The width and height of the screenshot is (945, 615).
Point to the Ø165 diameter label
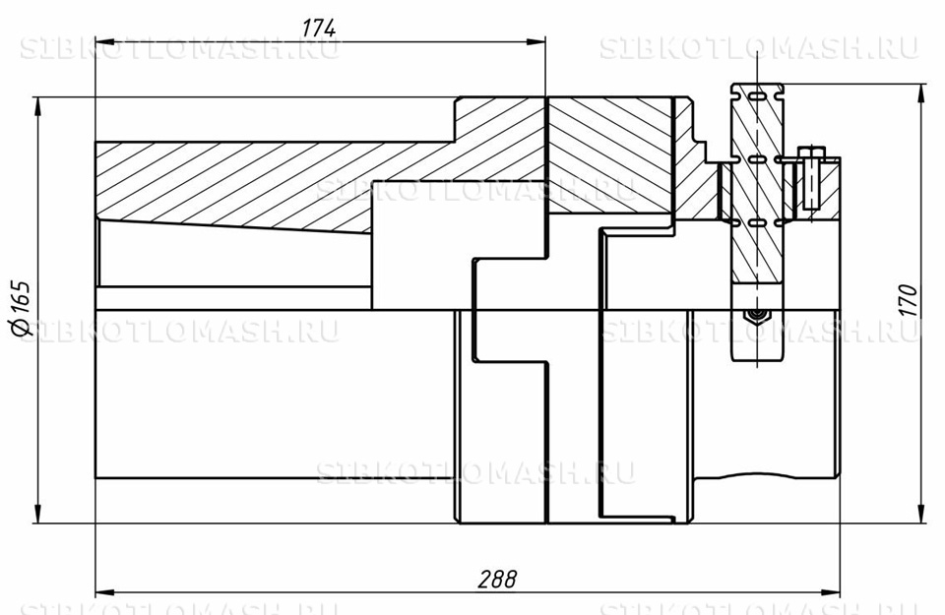click(22, 309)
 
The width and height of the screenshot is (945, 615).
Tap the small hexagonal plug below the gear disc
click(754, 316)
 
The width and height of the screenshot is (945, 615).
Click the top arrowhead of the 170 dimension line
click(921, 91)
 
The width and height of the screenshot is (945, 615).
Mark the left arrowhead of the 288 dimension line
click(102, 594)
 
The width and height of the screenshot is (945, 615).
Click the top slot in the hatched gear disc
click(756, 96)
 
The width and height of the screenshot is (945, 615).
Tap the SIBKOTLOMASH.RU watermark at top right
click(758, 49)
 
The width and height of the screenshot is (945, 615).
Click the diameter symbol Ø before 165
click(22, 330)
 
